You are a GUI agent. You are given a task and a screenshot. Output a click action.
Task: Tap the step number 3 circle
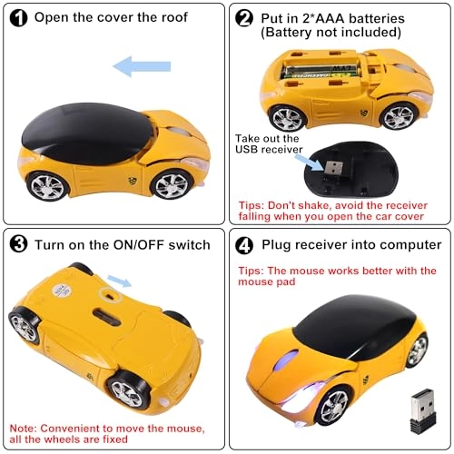19,244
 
